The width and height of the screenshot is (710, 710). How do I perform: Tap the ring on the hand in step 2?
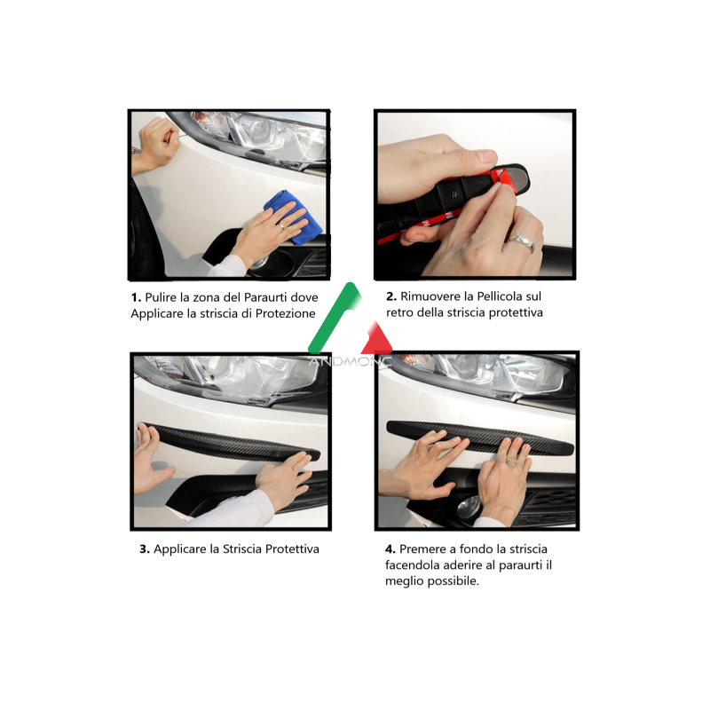tap(523, 242)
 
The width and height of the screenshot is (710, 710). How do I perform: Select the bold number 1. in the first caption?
tap(136, 297)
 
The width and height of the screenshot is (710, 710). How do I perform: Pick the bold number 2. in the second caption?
tap(391, 296)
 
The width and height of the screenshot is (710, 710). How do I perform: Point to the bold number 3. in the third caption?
tap(145, 549)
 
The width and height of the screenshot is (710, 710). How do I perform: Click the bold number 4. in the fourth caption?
tap(391, 549)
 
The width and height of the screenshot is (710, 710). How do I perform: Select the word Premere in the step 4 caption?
tap(423, 549)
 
